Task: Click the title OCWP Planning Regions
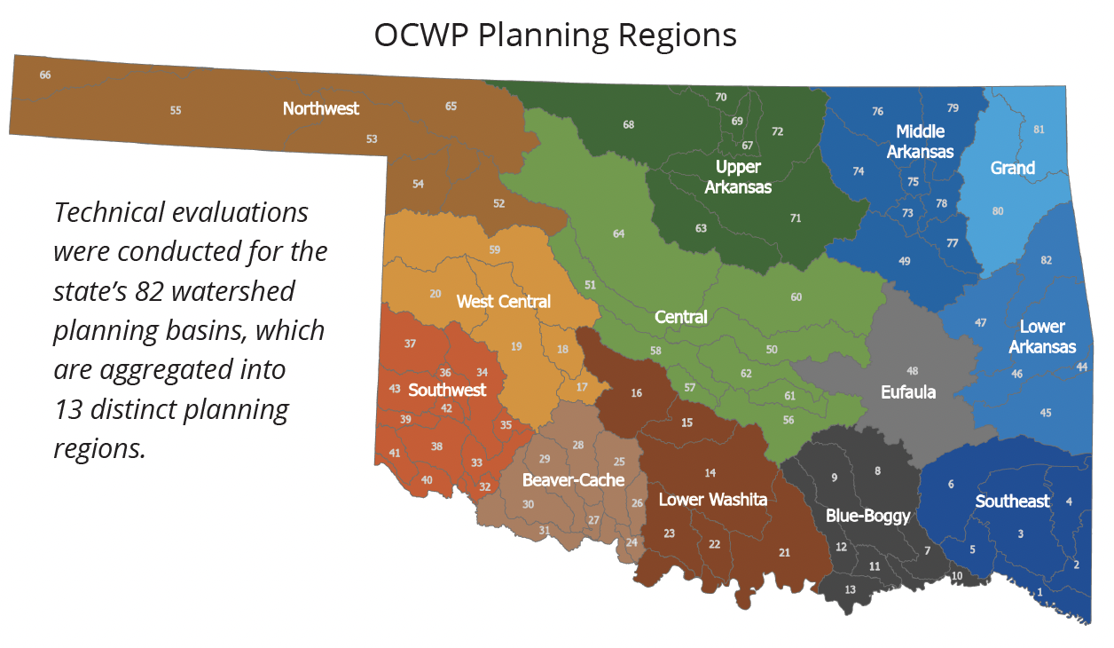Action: tap(555, 36)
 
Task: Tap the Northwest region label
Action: tap(321, 108)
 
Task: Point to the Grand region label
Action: tap(1012, 168)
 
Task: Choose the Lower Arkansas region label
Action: tap(1042, 336)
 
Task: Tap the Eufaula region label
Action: tap(908, 391)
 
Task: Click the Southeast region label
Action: tap(1012, 502)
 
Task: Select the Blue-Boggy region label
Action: tap(867, 516)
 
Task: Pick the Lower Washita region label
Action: tap(712, 500)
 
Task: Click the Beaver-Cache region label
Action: tap(573, 480)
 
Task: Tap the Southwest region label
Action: tap(447, 390)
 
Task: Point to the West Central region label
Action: tap(503, 302)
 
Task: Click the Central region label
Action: tap(680, 317)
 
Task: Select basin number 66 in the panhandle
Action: tap(45, 75)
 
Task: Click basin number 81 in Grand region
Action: tap(1039, 130)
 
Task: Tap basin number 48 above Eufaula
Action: tap(912, 370)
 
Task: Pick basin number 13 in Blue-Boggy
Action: tap(850, 589)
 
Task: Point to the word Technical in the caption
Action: tap(109, 213)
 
